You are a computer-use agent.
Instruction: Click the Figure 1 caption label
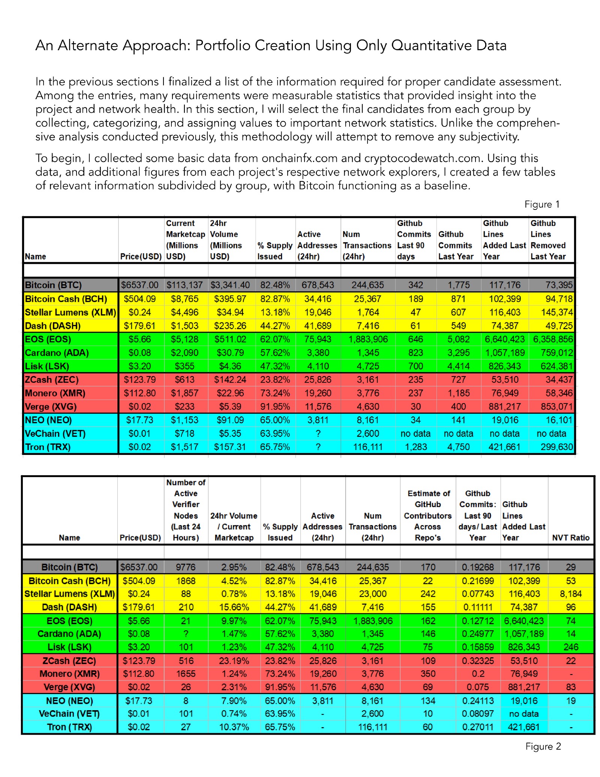[x=542, y=204]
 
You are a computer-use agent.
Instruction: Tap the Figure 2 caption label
[x=543, y=746]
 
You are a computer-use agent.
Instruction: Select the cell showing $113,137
[x=184, y=285]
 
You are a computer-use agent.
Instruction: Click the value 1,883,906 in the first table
[x=367, y=339]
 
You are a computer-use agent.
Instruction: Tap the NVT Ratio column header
[x=570, y=538]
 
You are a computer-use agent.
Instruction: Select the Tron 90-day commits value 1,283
[x=415, y=447]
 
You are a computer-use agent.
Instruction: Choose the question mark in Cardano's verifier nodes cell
[x=186, y=634]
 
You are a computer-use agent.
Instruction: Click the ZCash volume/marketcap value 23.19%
[x=234, y=661]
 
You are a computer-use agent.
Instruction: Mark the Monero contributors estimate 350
[x=427, y=674]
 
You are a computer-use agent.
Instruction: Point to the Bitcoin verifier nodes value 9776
[x=186, y=567]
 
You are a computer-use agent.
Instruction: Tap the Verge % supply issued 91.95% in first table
[x=275, y=407]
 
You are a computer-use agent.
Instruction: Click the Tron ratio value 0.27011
[x=477, y=727]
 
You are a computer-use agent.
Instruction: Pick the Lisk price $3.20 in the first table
[x=139, y=366]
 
